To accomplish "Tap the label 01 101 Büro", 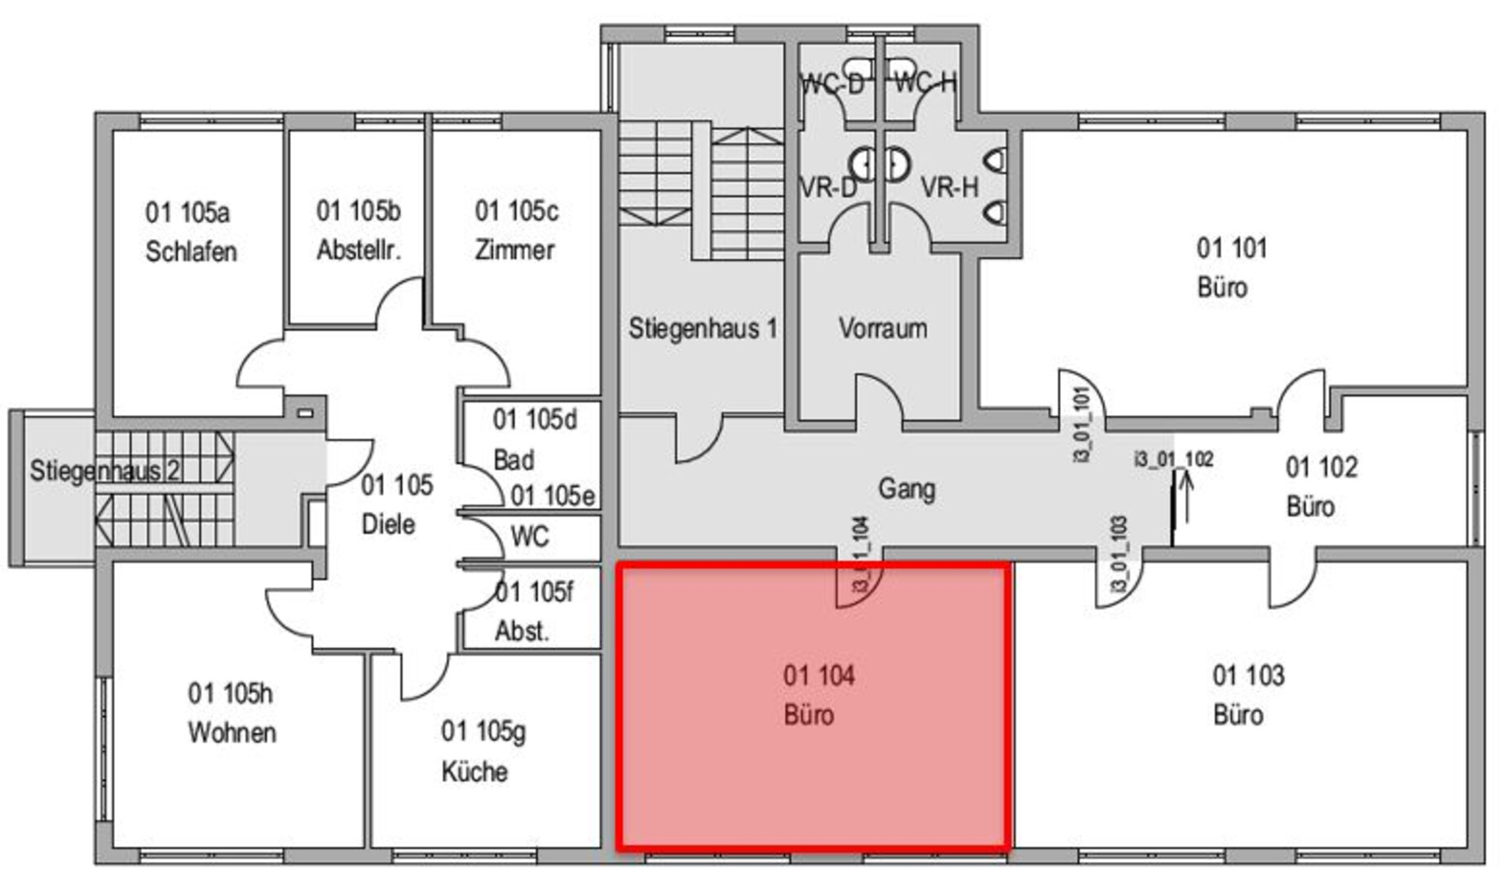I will pyautogui.click(x=1231, y=267).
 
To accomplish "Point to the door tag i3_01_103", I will pyautogui.click(x=1119, y=554).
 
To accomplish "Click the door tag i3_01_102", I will pyautogui.click(x=1173, y=460).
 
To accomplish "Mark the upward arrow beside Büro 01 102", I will pyautogui.click(x=1186, y=497).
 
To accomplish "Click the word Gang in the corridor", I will pyautogui.click(x=906, y=489).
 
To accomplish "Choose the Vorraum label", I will pyautogui.click(x=882, y=328).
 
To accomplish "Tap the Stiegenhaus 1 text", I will pyautogui.click(x=702, y=328).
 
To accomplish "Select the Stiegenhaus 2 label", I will pyautogui.click(x=104, y=470).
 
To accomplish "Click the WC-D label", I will pyautogui.click(x=832, y=83).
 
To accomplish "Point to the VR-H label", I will pyautogui.click(x=949, y=187).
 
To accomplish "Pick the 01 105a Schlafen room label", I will pyautogui.click(x=190, y=231).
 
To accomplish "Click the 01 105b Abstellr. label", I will pyautogui.click(x=358, y=230).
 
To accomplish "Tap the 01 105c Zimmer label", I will pyautogui.click(x=516, y=230).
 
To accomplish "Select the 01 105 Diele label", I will pyautogui.click(x=395, y=504).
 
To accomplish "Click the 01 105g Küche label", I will pyautogui.click(x=482, y=750).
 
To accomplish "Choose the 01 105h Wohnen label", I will pyautogui.click(x=232, y=712).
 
